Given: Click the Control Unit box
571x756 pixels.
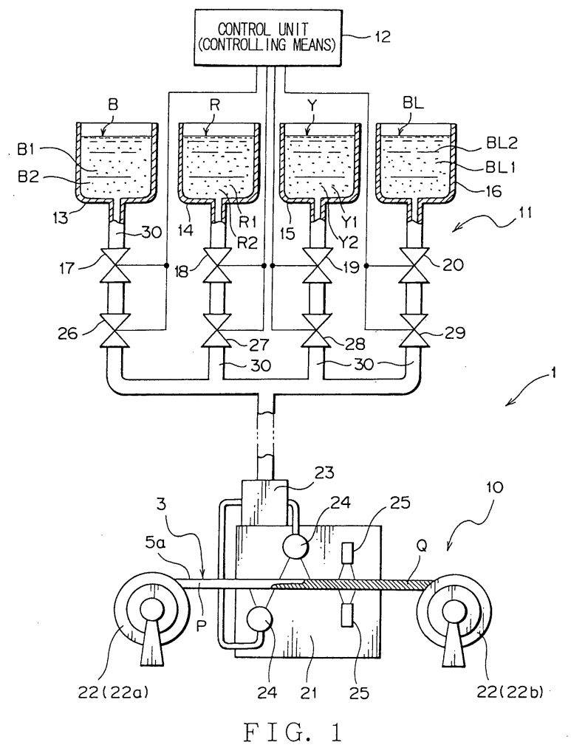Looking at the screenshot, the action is pyautogui.click(x=267, y=37).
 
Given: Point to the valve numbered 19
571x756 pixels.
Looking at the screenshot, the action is pyautogui.click(x=316, y=266).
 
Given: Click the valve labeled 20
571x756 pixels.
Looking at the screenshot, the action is pyautogui.click(x=414, y=266).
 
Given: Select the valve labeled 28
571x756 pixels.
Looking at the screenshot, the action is pyautogui.click(x=316, y=330).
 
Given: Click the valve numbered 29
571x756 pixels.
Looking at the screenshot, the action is pyautogui.click(x=414, y=330).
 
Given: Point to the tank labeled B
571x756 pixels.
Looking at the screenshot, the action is pyautogui.click(x=117, y=164).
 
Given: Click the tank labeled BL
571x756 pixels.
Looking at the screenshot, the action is pyautogui.click(x=417, y=164).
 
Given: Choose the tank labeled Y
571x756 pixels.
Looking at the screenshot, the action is pyautogui.click(x=321, y=164).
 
